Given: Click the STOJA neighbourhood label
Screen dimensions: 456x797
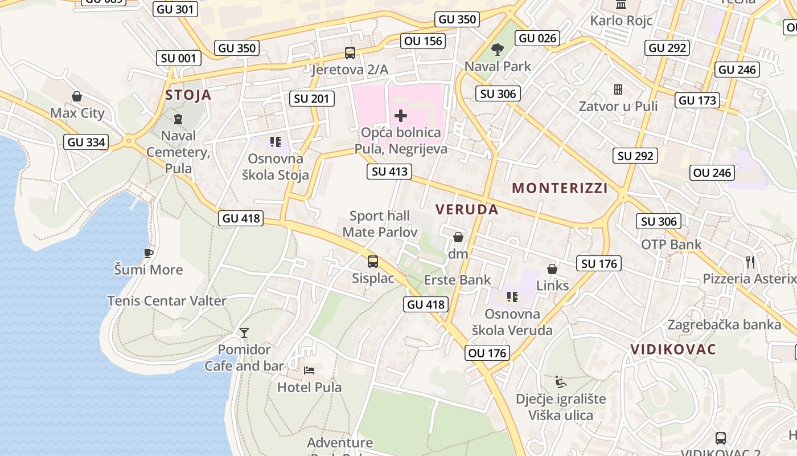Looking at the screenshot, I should tap(188, 95).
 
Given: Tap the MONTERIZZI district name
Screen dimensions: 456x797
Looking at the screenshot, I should tap(560, 188).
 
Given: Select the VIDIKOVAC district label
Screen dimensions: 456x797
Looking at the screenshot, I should tap(673, 349).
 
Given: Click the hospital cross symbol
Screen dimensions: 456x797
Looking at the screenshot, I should tap(401, 116).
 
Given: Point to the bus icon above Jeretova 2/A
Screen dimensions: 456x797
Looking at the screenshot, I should tap(350, 53).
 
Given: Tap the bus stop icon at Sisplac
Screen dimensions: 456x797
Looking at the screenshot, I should tap(373, 262).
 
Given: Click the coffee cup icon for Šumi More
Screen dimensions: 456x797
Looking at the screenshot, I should tap(149, 253).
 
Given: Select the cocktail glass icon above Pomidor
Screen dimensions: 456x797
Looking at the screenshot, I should tap(244, 332).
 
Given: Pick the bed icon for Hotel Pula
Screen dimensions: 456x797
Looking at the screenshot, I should tap(309, 370).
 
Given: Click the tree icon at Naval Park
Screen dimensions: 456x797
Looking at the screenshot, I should tap(498, 50).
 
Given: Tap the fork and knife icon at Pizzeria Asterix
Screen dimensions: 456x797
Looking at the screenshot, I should tap(750, 262).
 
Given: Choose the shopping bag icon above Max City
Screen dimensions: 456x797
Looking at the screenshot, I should tap(77, 96).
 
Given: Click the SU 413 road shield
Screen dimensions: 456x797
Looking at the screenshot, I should tap(389, 171).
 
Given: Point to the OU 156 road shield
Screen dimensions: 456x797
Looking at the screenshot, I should tap(423, 40).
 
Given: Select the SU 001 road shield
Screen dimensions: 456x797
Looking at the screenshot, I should tap(179, 58).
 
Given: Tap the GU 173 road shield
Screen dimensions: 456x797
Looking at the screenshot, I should tap(698, 100).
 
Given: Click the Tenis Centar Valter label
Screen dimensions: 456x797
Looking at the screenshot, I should tap(167, 301).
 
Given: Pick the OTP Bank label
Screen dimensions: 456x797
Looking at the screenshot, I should tap(671, 245).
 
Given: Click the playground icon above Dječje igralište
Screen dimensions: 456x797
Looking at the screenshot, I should tap(561, 381).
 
